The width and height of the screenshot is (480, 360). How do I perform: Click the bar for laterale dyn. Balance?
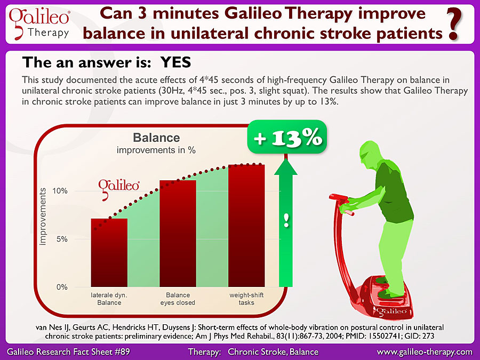(x=109, y=253)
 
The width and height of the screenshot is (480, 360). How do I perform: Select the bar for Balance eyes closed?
(x=178, y=234)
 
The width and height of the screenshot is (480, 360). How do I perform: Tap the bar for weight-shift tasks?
(x=246, y=226)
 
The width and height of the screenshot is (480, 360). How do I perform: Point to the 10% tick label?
(x=60, y=191)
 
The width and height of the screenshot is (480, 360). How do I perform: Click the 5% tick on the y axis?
(x=62, y=239)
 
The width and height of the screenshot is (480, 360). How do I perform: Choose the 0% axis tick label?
(x=62, y=287)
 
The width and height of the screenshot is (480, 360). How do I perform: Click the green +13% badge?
(x=287, y=137)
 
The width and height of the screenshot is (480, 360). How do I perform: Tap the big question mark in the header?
(x=454, y=25)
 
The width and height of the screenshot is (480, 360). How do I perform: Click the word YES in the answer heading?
(x=175, y=62)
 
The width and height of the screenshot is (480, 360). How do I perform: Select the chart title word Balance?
(x=156, y=138)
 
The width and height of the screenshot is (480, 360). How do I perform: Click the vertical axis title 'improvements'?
(x=43, y=217)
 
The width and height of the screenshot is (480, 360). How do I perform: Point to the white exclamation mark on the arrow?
(x=286, y=220)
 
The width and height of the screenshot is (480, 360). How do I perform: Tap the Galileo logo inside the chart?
(x=119, y=189)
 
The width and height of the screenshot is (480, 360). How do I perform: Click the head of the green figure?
(x=370, y=153)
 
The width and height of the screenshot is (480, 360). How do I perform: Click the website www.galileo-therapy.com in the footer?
(x=425, y=352)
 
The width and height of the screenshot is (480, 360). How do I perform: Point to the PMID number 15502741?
(x=385, y=336)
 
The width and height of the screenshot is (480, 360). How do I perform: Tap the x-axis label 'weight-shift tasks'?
(x=246, y=299)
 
